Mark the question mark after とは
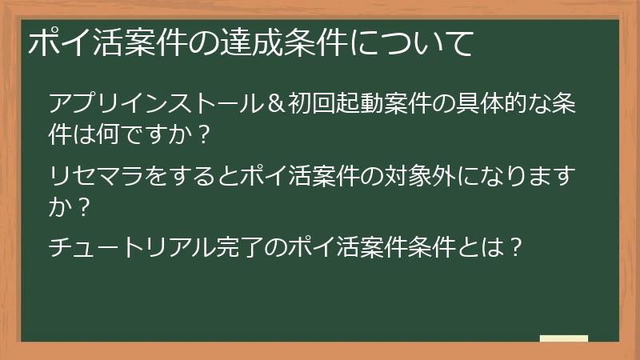pos(516,247)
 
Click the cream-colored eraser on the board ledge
pos(564,338)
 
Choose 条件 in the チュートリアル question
pos(440,247)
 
